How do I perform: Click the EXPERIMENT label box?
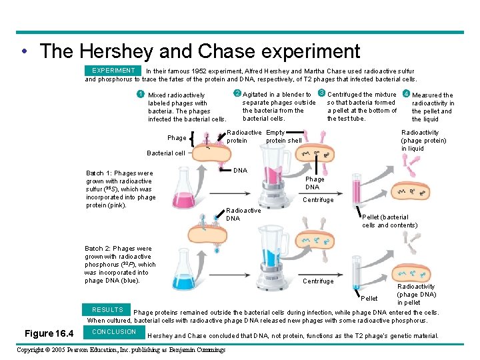point(113,70)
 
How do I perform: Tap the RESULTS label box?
point(107,310)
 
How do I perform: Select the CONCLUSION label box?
point(114,331)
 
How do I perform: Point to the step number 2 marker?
point(237,93)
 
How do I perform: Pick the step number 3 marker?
point(321,93)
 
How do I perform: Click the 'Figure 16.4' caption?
point(49,333)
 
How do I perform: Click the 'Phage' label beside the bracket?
point(177,138)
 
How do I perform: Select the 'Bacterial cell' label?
point(166,153)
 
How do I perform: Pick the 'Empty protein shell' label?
point(283,137)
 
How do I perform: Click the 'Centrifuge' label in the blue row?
point(318,281)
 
